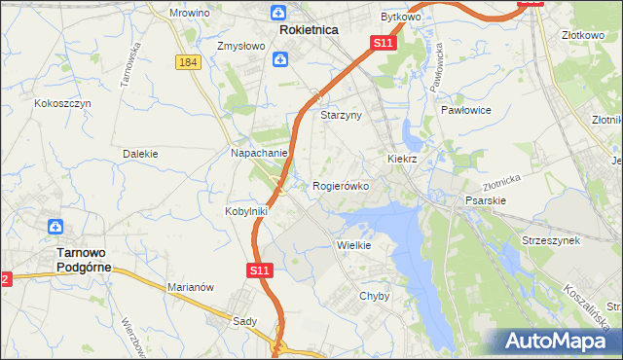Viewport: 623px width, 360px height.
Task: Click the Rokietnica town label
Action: pyautogui.click(x=308, y=30)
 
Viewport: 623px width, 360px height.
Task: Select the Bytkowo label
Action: pyautogui.click(x=400, y=18)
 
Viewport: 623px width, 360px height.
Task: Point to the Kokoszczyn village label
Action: pyautogui.click(x=62, y=102)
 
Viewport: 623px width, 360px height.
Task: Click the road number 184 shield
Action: pyautogui.click(x=190, y=61)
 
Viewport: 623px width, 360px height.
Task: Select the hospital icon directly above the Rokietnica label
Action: pyautogui.click(x=279, y=13)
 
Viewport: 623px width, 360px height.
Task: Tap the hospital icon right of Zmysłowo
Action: pyautogui.click(x=279, y=60)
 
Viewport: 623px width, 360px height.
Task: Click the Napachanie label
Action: pyautogui.click(x=258, y=154)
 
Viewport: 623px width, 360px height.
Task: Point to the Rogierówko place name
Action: pyautogui.click(x=341, y=186)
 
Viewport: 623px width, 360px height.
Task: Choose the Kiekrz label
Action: pyautogui.click(x=402, y=158)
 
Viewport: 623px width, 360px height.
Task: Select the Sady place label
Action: pyautogui.click(x=243, y=320)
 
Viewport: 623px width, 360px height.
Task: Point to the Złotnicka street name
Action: pyautogui.click(x=502, y=182)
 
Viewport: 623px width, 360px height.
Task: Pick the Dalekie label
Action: pyautogui.click(x=140, y=154)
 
